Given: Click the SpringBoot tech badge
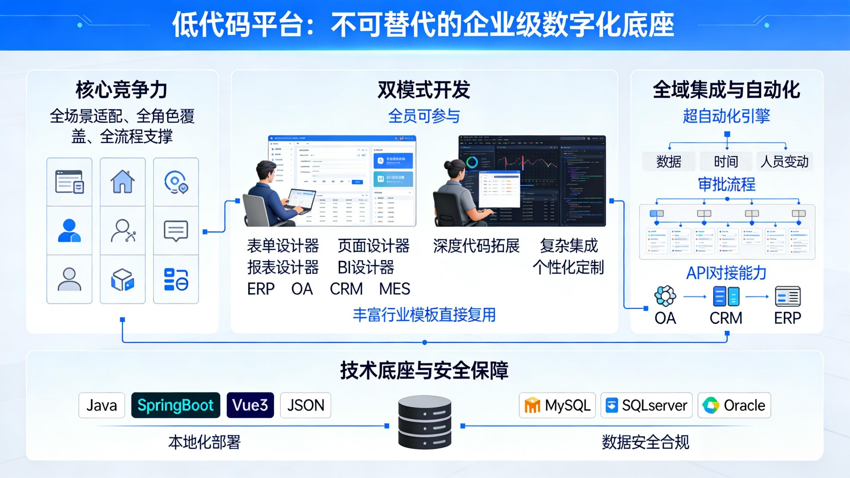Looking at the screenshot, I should click(176, 405).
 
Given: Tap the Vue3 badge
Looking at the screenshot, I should click(250, 405).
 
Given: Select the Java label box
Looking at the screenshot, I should click(102, 405).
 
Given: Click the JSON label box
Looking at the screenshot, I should click(305, 405).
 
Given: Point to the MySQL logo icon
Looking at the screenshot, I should click(532, 405).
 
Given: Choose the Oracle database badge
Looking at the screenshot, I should click(734, 405).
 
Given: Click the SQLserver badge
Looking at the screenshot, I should click(646, 405).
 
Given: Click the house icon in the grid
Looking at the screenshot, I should click(122, 182).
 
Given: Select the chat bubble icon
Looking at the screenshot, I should click(176, 231).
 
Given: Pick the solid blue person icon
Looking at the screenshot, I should click(69, 230).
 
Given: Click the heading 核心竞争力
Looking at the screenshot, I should click(122, 90).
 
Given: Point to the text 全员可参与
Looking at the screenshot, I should click(424, 116).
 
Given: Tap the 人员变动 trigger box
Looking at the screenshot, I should click(785, 161).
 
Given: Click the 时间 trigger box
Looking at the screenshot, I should click(726, 161).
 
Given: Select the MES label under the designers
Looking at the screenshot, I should click(395, 289).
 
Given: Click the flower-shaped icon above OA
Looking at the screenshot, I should click(665, 296).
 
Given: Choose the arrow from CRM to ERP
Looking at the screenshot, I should click(757, 296).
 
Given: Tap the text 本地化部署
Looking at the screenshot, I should click(205, 442).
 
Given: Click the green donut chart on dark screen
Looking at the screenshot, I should click(473, 162).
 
